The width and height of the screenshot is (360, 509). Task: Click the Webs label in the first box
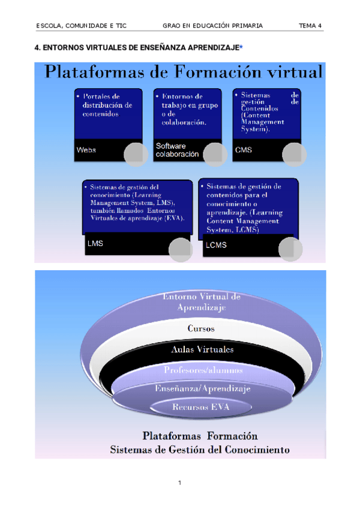tap(86, 150)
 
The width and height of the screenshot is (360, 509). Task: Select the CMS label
tap(244, 150)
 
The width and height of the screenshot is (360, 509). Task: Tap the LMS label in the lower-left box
tap(95, 244)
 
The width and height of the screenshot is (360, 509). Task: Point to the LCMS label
tap(215, 245)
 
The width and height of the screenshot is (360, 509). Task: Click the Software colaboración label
tap(177, 150)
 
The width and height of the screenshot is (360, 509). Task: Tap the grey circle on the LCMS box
tap(290, 250)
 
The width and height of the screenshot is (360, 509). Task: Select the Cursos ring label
tap(201, 329)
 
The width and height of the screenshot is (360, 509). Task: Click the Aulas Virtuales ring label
tap(202, 349)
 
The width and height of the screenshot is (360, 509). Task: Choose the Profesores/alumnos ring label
tap(203, 370)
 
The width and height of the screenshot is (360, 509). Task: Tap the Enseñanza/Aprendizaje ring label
tap(202, 389)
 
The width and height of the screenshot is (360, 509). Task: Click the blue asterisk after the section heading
tap(241, 47)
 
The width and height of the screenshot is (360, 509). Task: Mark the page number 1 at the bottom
tap(179, 483)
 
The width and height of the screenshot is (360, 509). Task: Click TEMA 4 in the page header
tap(311, 26)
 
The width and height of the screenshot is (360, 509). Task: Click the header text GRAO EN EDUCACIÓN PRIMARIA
tap(212, 26)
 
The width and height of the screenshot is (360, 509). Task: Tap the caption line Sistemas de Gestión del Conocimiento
tap(200, 449)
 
